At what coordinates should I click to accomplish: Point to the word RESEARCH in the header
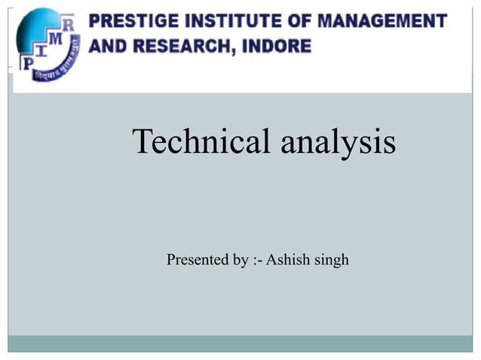click(x=173, y=46)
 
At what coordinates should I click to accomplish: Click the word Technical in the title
click(x=201, y=142)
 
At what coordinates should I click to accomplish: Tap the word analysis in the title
click(x=338, y=142)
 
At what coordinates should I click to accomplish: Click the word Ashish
click(x=290, y=261)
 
